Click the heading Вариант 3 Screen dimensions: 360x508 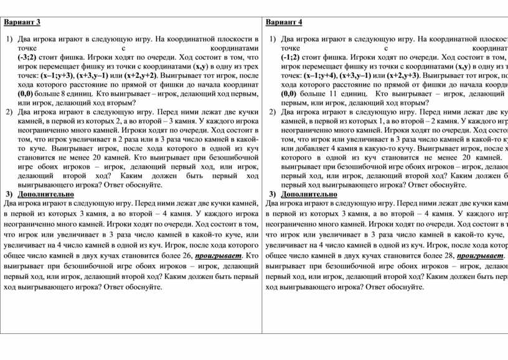pyautogui.click(x=23, y=22)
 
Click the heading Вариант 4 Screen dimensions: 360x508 pyautogui.click(x=284, y=22)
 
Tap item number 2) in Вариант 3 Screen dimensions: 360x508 pyautogui.click(x=9, y=112)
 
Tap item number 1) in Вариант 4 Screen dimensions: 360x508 pyautogui.click(x=271, y=39)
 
